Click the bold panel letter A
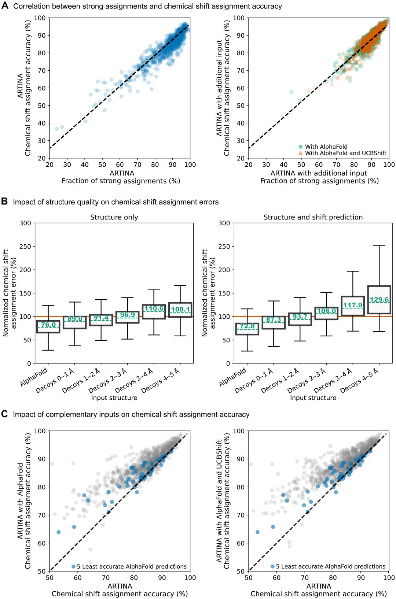click(x=5, y=6)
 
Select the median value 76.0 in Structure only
click(x=48, y=325)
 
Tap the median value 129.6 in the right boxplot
click(x=379, y=300)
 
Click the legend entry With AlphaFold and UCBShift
click(x=345, y=153)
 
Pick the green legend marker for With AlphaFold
click(x=301, y=147)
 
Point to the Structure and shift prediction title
click(x=313, y=217)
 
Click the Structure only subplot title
click(x=114, y=217)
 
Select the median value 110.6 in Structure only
click(x=154, y=308)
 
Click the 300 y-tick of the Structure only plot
click(x=25, y=223)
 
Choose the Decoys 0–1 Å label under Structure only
click(x=55, y=381)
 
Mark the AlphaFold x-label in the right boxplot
click(x=232, y=377)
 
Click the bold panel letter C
click(x=5, y=414)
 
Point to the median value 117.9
click(x=353, y=305)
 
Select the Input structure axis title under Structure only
click(x=114, y=398)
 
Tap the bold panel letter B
click(x=5, y=201)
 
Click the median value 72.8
click(x=247, y=326)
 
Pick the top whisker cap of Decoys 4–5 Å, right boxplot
click(x=379, y=245)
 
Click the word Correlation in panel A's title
click(x=30, y=6)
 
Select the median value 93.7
click(x=300, y=317)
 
